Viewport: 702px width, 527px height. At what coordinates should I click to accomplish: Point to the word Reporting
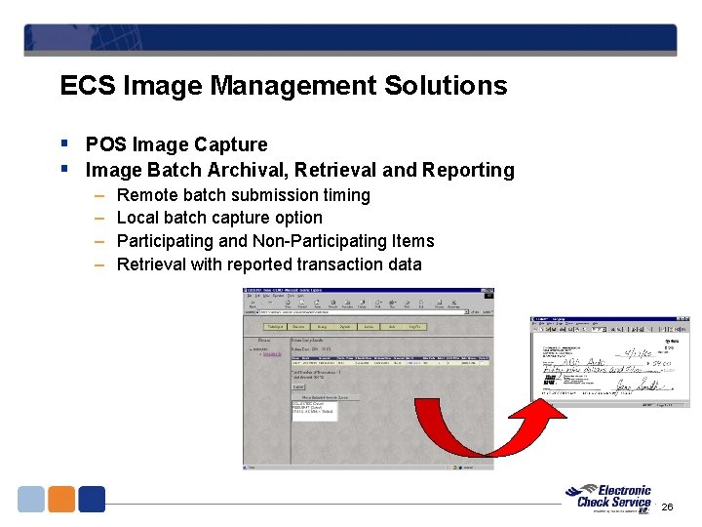468,170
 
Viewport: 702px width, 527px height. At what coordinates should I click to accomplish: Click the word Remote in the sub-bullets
146,195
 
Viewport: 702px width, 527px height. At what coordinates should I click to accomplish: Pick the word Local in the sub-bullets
137,218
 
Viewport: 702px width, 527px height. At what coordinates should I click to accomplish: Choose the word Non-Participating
343,241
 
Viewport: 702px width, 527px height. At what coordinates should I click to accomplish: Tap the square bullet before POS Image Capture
64,144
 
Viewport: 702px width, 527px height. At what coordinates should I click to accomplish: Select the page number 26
667,507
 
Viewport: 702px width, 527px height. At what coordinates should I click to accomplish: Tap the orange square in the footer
61,499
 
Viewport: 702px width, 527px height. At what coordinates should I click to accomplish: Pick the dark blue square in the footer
92,499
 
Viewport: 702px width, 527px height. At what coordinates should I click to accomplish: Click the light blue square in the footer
31,499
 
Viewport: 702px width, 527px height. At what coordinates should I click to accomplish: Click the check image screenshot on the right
609,362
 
